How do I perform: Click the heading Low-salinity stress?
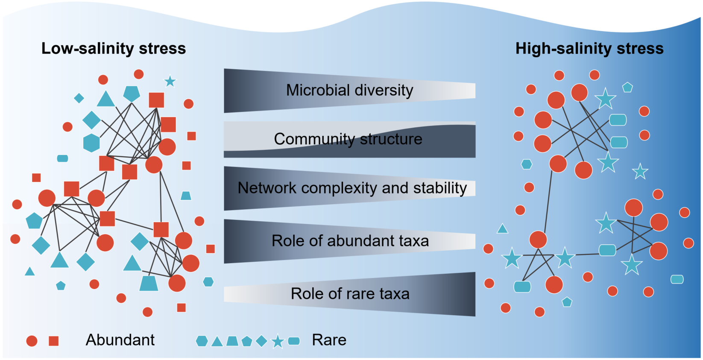click(114, 49)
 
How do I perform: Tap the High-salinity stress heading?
click(589, 49)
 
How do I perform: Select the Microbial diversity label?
click(350, 91)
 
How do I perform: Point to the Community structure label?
click(348, 139)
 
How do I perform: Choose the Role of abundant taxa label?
click(350, 241)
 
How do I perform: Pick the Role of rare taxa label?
click(350, 294)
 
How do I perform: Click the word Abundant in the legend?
click(120, 340)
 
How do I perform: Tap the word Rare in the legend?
click(329, 340)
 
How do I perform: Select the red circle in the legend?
click(32, 341)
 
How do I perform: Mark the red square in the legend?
click(54, 341)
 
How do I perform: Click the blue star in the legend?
click(278, 341)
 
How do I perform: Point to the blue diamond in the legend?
click(261, 341)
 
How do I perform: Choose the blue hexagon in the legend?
click(202, 341)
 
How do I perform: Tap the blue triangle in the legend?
click(217, 342)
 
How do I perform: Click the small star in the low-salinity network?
click(170, 81)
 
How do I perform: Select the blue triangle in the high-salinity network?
click(502, 229)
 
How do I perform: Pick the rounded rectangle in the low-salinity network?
click(62, 158)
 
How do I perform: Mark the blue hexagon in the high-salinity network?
click(527, 164)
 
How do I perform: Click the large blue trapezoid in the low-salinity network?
click(149, 283)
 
